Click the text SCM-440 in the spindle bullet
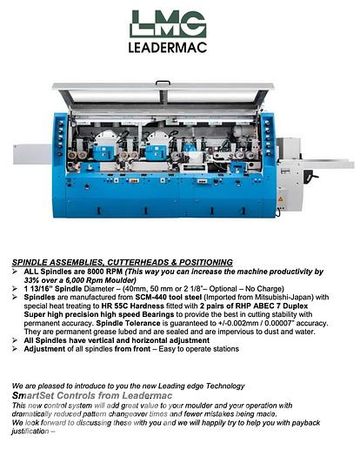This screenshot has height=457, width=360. pyautogui.click(x=140, y=297)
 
